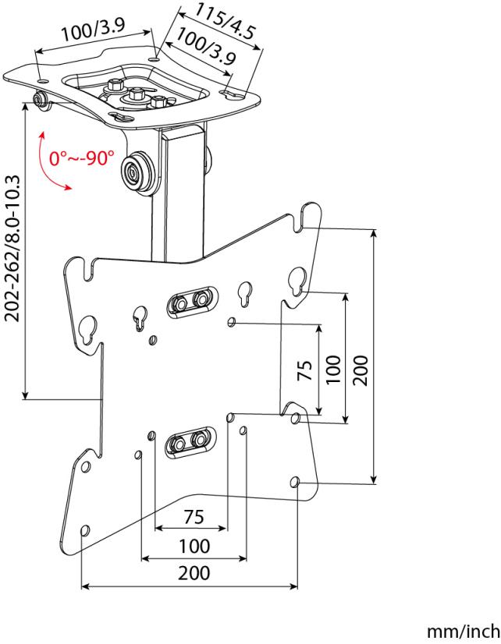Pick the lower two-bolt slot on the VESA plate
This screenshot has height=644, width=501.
pyautogui.click(x=190, y=441)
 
